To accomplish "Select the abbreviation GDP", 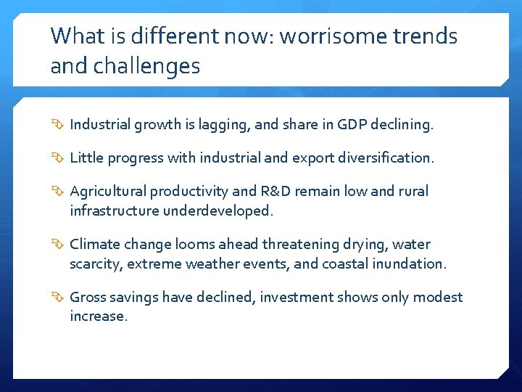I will (x=352, y=125).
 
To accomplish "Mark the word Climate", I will (x=94, y=245).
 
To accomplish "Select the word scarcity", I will (x=95, y=264).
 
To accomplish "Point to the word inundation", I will (x=411, y=264).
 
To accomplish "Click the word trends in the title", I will (x=429, y=36).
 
